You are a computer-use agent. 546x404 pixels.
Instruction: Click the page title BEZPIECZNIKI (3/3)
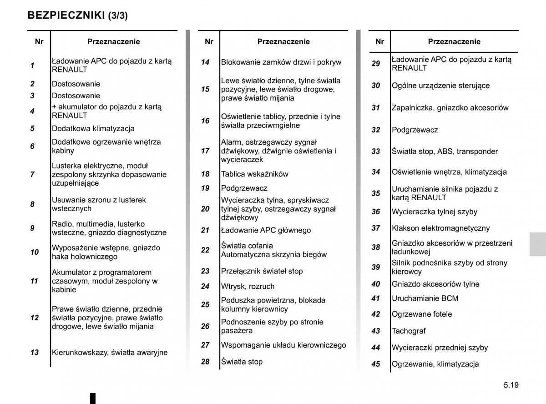point(77,15)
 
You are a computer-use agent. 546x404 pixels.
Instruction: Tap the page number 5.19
point(511,385)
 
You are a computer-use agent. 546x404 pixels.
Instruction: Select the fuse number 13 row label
point(35,353)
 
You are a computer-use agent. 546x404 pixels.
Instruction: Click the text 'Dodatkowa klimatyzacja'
point(93,129)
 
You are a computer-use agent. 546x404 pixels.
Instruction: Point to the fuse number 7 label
point(32,174)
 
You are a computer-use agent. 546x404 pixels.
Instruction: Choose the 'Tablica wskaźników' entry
point(254,174)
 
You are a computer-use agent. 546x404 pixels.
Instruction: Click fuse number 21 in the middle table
point(205,230)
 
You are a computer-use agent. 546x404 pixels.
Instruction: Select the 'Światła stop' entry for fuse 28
point(242,362)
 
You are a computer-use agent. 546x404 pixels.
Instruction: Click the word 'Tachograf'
point(409,331)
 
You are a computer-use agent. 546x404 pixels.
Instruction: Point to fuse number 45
point(375,364)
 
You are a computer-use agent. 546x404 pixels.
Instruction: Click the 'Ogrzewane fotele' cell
point(422,314)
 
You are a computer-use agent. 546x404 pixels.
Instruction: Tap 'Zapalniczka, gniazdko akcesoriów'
point(450,108)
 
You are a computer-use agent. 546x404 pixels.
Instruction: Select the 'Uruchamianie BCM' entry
point(425,298)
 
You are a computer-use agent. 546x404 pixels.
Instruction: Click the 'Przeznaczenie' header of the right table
point(454,42)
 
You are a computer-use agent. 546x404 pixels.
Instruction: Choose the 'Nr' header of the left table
point(39,42)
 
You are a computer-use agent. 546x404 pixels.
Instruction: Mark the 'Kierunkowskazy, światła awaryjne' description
point(110,353)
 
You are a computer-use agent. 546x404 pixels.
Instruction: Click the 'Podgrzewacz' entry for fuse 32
point(415,130)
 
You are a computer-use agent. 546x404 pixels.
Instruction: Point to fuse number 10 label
point(35,252)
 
